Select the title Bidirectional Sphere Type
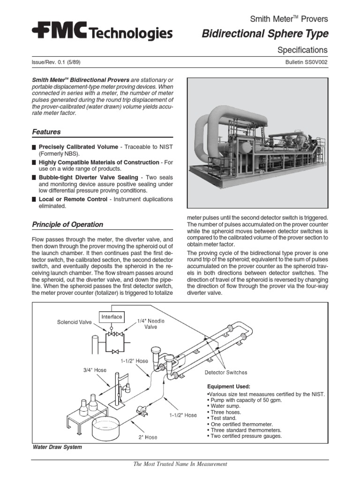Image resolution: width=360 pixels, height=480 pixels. tap(265, 34)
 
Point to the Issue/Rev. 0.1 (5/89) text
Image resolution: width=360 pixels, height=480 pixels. tap(59, 62)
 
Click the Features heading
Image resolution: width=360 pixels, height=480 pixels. tap(46, 132)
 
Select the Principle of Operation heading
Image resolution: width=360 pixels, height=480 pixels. tap(67, 224)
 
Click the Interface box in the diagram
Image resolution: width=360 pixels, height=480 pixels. tap(112, 317)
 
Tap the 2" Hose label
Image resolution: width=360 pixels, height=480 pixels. tap(147, 437)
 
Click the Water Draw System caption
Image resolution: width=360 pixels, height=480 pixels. tap(57, 447)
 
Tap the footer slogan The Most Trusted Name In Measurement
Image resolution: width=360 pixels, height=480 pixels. tap(180, 464)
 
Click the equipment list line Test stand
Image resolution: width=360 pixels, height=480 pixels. tap(225, 418)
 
